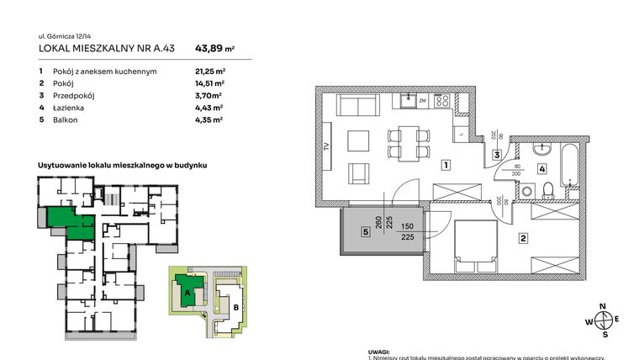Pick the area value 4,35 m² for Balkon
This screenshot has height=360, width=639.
point(209,120)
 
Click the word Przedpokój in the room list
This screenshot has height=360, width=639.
point(73,96)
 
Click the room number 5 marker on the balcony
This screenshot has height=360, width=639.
point(367,231)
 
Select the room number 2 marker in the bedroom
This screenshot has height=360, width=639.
point(523,239)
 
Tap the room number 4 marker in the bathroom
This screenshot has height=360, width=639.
point(542,169)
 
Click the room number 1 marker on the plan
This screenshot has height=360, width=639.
point(446,165)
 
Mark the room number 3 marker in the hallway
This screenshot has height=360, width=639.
point(498,155)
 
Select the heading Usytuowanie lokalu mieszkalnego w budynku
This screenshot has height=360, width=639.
point(122,167)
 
